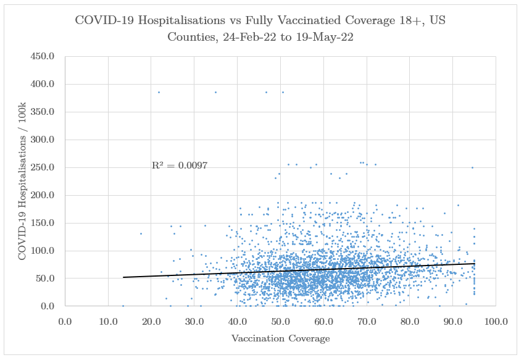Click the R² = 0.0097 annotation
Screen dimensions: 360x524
[179, 165]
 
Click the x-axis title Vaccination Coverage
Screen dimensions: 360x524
[280, 338]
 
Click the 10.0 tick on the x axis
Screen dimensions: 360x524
[108, 321]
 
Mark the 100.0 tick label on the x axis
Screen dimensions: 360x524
[496, 321]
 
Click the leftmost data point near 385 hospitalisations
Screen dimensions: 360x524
[159, 92]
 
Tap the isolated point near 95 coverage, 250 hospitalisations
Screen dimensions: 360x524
[472, 167]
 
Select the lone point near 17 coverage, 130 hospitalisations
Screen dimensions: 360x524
[141, 233]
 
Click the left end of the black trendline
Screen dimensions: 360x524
[123, 277]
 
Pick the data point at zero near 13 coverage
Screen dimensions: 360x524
[123, 306]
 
